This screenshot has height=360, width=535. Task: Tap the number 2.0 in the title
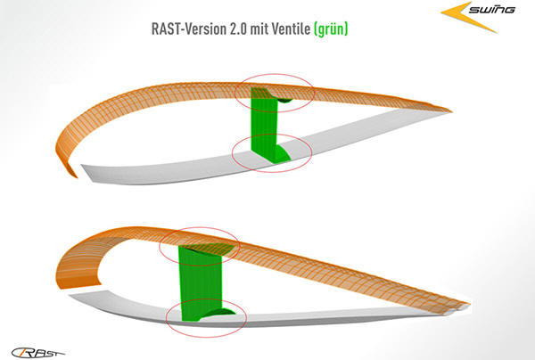pos(238,29)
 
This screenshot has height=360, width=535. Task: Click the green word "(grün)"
pos(331,29)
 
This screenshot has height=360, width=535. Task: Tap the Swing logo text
pos(491,9)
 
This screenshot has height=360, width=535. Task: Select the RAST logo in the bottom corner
pos(37,353)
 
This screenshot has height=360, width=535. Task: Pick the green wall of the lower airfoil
pos(201,283)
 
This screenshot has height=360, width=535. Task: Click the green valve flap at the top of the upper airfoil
pos(285,100)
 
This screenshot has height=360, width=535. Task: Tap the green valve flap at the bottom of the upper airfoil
pos(283,152)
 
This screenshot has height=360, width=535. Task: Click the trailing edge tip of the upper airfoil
pos(451,110)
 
